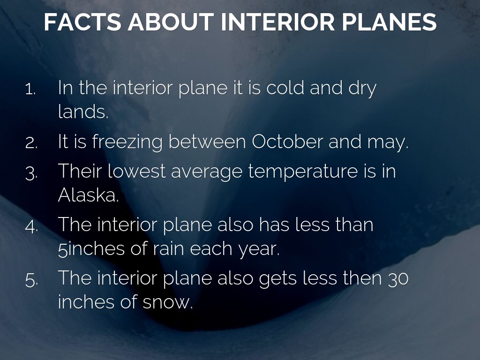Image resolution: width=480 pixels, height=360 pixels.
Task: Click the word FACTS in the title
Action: point(82,22)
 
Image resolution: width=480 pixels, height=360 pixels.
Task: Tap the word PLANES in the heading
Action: point(389,22)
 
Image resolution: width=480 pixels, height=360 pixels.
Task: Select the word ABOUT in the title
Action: point(171,22)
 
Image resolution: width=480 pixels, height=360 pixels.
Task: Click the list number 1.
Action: point(30,89)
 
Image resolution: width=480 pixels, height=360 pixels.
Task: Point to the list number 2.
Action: point(31,143)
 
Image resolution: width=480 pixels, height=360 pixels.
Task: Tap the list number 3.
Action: point(31,173)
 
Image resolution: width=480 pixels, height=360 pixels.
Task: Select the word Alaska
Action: point(88,195)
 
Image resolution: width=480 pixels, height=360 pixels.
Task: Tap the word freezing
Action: point(127,142)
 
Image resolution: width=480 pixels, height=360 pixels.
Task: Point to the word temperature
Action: point(303,172)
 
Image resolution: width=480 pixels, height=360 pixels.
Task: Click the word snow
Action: point(168,302)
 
